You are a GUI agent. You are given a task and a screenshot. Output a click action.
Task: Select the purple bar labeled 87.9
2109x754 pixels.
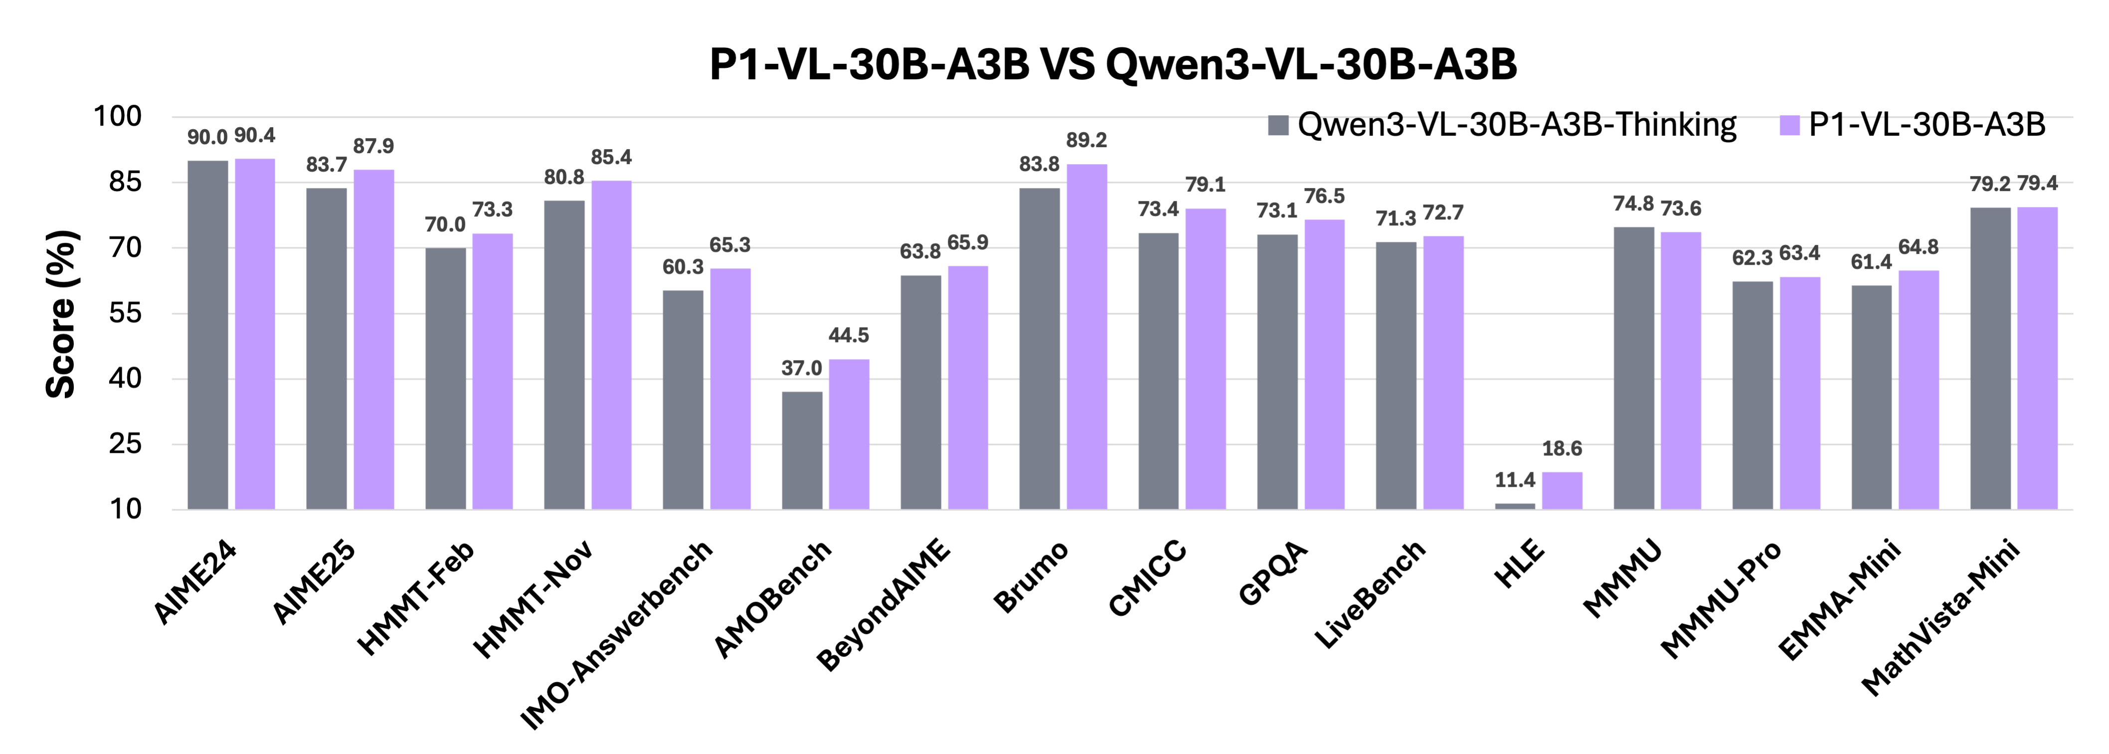tap(374, 340)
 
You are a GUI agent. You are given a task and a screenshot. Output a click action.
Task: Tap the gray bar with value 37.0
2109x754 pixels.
tap(802, 450)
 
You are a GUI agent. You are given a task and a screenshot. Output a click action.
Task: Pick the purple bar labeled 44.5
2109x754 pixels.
tap(849, 434)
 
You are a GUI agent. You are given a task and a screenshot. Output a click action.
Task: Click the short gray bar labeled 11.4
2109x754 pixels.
tap(1515, 506)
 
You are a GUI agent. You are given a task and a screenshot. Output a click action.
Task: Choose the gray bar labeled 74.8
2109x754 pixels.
tap(1633, 369)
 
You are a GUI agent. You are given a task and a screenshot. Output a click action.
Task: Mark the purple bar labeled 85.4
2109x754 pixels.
tap(612, 345)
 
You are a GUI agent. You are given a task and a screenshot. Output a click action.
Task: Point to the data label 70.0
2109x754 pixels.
tap(445, 225)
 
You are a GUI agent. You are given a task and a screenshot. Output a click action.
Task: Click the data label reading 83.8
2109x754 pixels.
tap(1039, 165)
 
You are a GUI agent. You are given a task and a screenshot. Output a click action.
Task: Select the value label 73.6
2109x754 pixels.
tap(1681, 209)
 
